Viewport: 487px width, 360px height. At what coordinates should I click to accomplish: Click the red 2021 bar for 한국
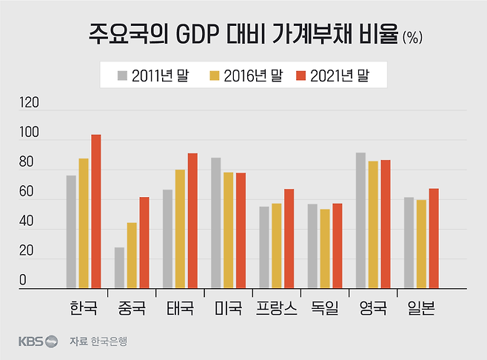(96, 211)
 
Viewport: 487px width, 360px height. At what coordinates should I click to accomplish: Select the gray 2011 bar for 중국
(119, 267)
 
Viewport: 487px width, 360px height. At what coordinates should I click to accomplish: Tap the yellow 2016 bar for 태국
(180, 229)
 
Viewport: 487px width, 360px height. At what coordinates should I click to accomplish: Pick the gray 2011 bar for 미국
(216, 223)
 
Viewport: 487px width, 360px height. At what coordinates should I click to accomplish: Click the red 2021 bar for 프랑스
(289, 239)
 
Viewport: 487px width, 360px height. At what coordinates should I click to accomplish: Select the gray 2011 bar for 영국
(360, 220)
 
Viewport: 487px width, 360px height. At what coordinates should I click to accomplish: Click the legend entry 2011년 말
(152, 75)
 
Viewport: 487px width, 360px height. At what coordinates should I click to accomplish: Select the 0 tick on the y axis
(23, 280)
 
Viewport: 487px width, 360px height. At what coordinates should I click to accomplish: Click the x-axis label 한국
(83, 307)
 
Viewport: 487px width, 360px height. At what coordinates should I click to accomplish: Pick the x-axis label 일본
(420, 307)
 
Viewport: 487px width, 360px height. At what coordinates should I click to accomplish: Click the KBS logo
(38, 341)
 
